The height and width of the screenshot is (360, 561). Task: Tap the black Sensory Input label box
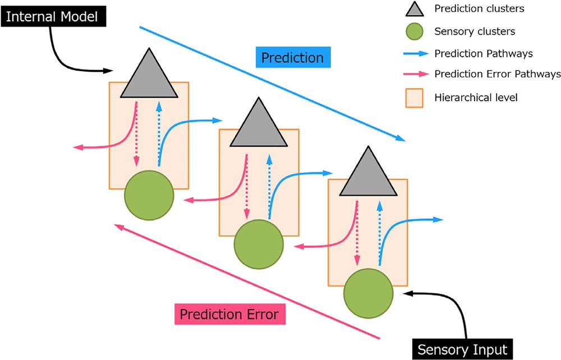click(463, 349)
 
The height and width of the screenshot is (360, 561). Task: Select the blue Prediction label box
click(293, 57)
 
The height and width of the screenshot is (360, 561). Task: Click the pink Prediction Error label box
click(229, 314)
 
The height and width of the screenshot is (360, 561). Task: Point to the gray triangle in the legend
click(415, 9)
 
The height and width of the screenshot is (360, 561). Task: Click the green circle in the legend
click(415, 31)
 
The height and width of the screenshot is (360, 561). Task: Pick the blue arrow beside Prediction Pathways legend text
click(416, 54)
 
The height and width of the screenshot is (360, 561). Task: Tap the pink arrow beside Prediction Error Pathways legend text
click(416, 74)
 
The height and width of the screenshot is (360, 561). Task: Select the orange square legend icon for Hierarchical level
click(415, 98)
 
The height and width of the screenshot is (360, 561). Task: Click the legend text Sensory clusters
click(475, 31)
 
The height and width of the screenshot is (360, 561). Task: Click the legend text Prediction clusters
click(480, 8)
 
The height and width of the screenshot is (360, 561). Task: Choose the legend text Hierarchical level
click(476, 98)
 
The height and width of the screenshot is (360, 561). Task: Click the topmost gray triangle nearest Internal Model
click(149, 77)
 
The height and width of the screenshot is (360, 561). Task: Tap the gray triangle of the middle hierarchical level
click(258, 126)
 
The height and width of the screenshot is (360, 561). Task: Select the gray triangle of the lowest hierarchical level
click(368, 175)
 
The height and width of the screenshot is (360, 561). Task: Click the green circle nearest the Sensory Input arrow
click(368, 293)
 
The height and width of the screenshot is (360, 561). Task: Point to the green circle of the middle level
click(259, 244)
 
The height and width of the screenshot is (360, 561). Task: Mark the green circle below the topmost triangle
click(149, 196)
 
